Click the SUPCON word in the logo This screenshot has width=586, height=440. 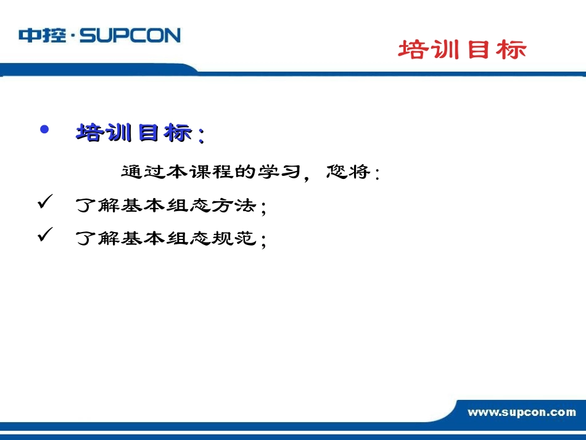[x=130, y=35]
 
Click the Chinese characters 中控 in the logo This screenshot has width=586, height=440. [x=42, y=35]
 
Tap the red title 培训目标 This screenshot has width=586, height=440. [x=462, y=50]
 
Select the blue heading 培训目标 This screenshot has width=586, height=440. [x=133, y=132]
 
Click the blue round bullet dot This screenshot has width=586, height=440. [x=44, y=130]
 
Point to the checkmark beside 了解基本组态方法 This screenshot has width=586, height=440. [x=45, y=203]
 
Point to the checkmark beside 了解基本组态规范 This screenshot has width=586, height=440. [x=45, y=235]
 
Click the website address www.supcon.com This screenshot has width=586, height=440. [x=521, y=412]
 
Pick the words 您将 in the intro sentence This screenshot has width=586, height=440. [x=348, y=172]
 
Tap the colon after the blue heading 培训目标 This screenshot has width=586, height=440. [x=200, y=135]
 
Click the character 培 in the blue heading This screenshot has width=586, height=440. [x=88, y=132]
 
